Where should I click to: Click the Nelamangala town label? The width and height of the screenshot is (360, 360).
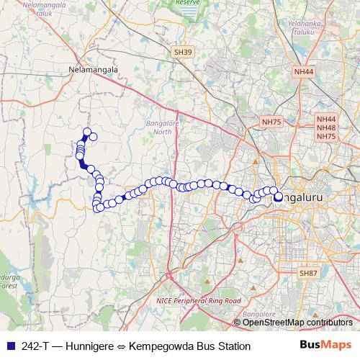[91, 71]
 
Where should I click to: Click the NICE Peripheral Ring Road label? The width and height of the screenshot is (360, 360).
[198, 300]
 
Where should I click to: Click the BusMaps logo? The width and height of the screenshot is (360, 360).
[325, 346]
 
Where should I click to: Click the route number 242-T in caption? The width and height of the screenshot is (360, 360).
[37, 346]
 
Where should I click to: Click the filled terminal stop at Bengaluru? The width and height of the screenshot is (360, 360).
[278, 196]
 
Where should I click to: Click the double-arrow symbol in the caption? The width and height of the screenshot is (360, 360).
[121, 346]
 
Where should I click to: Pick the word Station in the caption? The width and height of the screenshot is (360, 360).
[232, 346]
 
